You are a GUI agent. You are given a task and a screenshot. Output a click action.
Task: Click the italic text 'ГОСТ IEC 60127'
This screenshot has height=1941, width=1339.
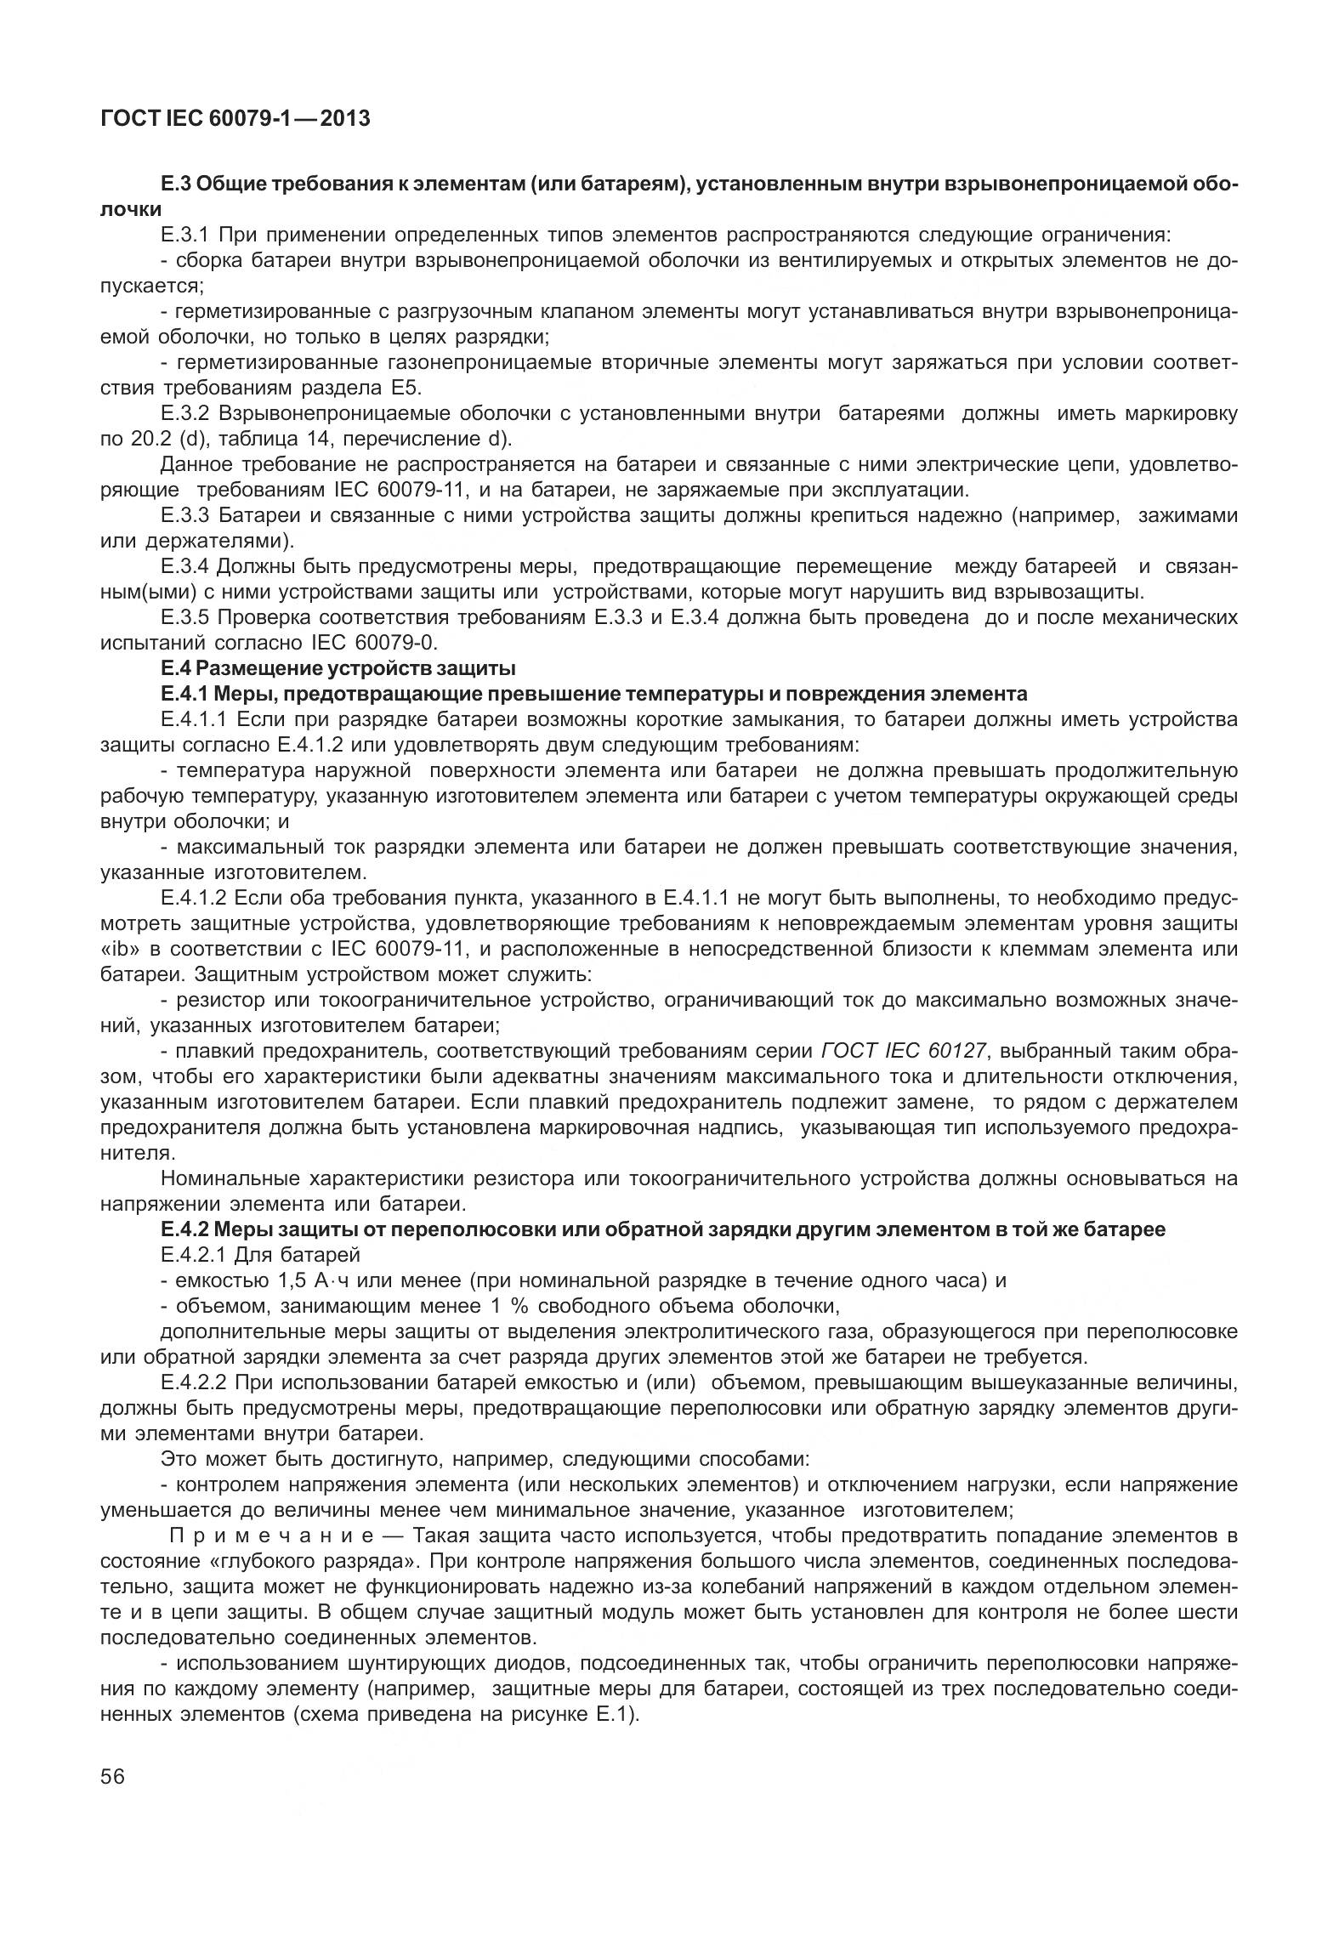click(905, 1051)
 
